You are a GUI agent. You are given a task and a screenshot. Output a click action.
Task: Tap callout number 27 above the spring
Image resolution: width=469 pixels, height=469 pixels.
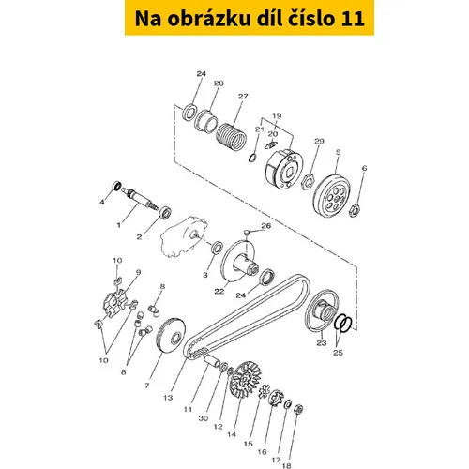(243, 97)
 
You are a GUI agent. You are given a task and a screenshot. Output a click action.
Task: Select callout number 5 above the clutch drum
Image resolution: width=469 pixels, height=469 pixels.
(338, 152)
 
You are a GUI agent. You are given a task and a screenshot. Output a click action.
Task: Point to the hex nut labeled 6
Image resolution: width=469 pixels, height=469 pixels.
(353, 210)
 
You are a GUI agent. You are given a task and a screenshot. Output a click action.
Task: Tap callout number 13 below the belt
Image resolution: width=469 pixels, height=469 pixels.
(168, 398)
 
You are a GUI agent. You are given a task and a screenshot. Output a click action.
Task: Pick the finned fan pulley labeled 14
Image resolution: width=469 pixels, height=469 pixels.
(245, 379)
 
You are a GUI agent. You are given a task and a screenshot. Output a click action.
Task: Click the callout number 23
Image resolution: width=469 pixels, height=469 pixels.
(322, 342)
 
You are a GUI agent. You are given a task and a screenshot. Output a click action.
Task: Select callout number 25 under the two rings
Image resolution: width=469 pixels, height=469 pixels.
(338, 353)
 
